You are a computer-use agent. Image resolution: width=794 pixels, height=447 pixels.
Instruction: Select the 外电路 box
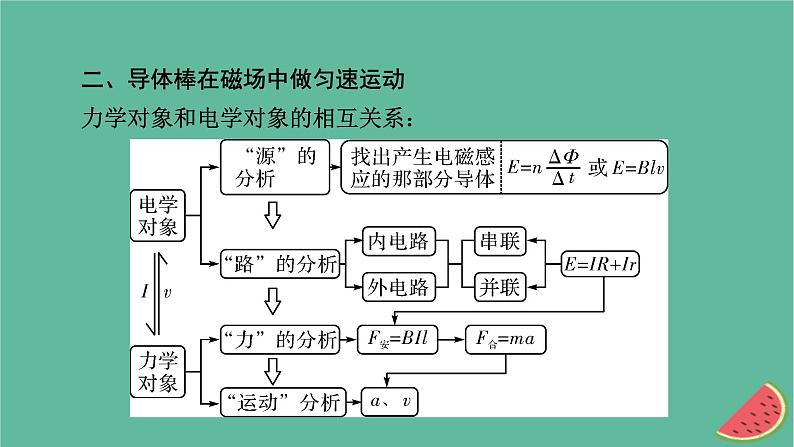point(397,287)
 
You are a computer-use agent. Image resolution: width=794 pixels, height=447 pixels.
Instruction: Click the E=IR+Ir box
point(602,264)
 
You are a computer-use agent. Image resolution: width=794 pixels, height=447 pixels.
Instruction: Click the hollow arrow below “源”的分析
point(271,214)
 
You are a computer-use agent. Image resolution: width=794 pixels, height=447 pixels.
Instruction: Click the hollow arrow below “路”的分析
point(271,301)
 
